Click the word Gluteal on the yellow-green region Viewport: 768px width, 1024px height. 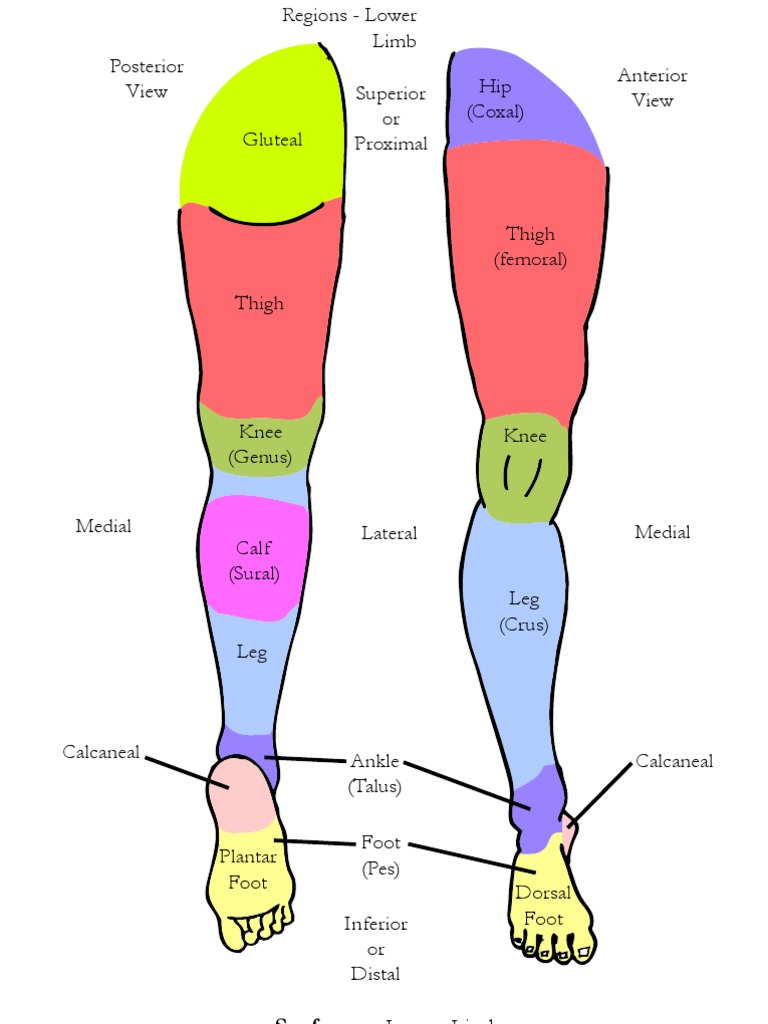272,140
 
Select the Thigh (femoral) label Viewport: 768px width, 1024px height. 530,246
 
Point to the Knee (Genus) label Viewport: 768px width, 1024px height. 260,445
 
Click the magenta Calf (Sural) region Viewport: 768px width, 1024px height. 254,560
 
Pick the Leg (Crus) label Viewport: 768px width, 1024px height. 524,611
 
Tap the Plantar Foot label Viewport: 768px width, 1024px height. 248,869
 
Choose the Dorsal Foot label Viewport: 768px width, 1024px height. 544,905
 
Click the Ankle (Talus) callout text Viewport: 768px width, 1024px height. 375,774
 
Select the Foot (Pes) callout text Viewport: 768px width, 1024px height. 381,856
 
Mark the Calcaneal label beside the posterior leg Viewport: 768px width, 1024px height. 101,752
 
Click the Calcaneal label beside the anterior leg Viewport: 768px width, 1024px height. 674,761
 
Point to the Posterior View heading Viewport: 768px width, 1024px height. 147,79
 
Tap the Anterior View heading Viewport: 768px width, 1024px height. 652,88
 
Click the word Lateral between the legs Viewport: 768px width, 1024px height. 389,533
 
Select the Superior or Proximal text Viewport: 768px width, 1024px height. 391,118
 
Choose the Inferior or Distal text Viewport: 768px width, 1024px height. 376,948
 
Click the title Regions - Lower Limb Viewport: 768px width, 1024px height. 350,28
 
